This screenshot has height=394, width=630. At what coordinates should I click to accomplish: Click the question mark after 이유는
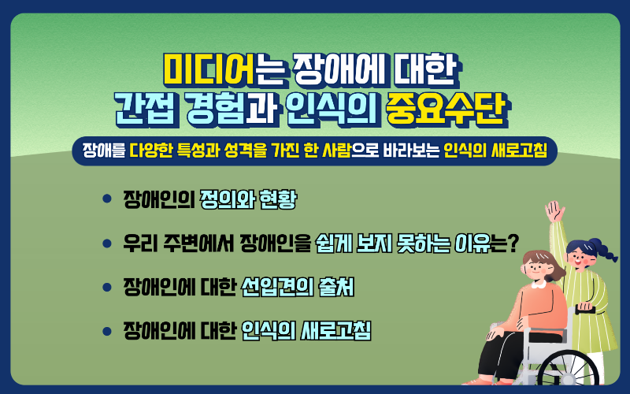coord(513,243)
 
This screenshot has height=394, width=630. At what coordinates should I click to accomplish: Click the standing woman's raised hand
coord(556,211)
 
